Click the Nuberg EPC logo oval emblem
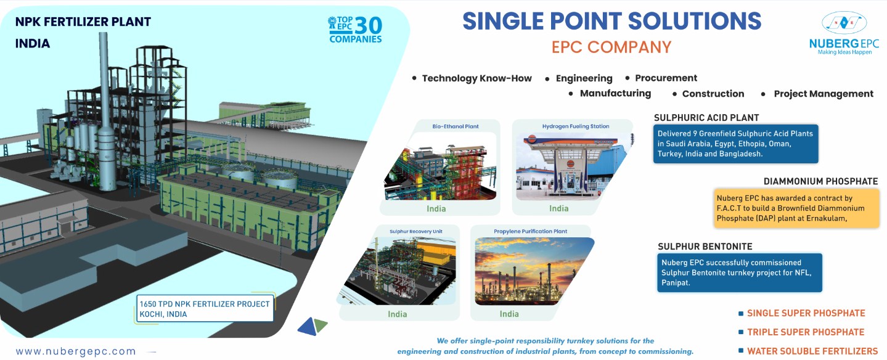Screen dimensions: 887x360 (x=844, y=22)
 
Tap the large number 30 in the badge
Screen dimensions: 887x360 (x=368, y=26)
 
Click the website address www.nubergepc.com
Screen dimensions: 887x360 (x=76, y=351)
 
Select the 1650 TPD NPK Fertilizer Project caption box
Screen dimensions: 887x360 (x=205, y=308)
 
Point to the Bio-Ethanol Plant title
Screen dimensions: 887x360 (x=456, y=126)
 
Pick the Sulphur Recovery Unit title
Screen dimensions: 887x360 (x=416, y=231)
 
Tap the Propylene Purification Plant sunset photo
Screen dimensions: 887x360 (x=533, y=271)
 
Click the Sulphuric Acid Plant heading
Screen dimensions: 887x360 (x=706, y=118)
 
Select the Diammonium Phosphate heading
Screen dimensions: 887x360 (x=820, y=181)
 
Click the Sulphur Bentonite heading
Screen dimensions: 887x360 (x=705, y=247)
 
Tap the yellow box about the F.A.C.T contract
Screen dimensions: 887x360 (x=796, y=208)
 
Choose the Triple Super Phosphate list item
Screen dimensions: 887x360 (x=806, y=332)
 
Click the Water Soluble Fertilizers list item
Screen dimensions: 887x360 (x=812, y=351)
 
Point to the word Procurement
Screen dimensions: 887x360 (x=666, y=78)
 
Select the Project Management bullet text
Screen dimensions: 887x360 (x=824, y=94)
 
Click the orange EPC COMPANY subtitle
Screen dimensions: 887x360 (x=611, y=47)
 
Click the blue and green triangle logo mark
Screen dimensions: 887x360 (x=313, y=326)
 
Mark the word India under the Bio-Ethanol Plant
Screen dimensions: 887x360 (x=436, y=209)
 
